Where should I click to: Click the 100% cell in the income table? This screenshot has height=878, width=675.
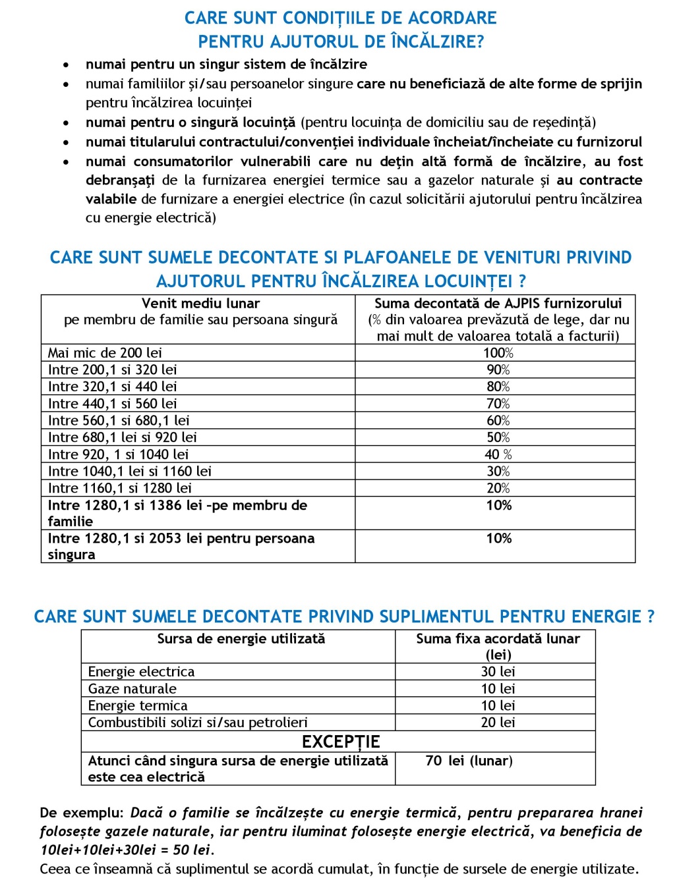498,353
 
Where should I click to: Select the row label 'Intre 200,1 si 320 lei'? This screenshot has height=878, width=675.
112,370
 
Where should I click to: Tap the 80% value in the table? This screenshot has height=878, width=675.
498,387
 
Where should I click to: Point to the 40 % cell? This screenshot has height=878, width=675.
498,454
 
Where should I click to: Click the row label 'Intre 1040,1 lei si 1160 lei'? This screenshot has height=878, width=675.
129,472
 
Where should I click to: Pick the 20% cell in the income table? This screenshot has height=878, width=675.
498,489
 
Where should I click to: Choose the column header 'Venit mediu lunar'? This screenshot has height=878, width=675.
200,304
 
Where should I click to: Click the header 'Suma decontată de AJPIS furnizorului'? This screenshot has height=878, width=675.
498,304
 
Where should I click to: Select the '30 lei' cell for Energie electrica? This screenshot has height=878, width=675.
498,672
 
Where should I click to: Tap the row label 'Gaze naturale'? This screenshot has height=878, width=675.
132,689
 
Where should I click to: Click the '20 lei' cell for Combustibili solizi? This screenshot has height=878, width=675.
498,723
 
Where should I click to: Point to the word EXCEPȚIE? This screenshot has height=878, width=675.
340,742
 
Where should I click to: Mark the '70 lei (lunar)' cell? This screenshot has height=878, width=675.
469,761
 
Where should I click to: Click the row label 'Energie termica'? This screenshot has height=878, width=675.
138,706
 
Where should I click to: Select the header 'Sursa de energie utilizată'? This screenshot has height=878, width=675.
241,639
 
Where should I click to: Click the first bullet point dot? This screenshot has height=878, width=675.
65,65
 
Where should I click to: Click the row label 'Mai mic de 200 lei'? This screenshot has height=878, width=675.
105,353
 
